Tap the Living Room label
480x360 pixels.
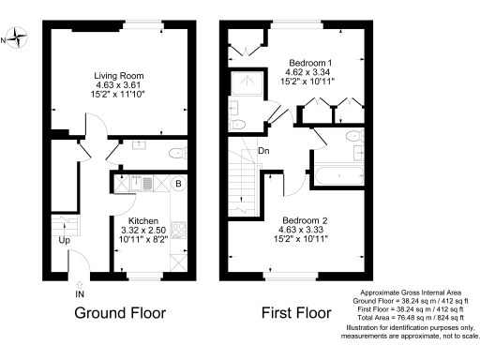tap(117, 75)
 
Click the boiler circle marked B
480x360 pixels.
tap(177, 184)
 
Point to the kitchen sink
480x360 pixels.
tap(135, 184)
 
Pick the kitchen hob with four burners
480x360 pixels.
tap(178, 226)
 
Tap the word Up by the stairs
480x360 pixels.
tap(65, 240)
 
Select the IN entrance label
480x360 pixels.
tap(79, 293)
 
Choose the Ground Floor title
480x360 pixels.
tap(120, 312)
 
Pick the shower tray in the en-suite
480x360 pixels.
tap(249, 83)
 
